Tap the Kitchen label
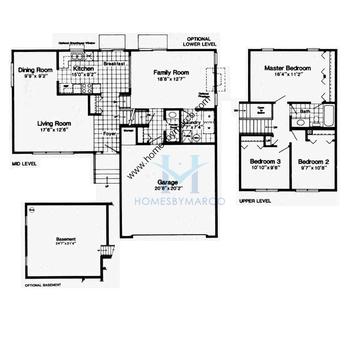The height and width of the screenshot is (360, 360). (84, 67)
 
